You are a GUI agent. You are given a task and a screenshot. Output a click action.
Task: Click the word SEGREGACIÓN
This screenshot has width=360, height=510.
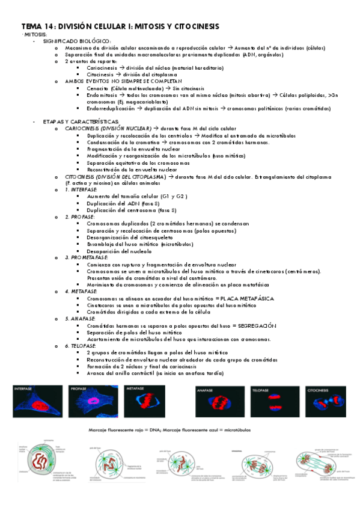pos(254,325)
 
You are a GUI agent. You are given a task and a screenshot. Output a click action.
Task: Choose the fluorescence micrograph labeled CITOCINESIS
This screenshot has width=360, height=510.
pos(325,402)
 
